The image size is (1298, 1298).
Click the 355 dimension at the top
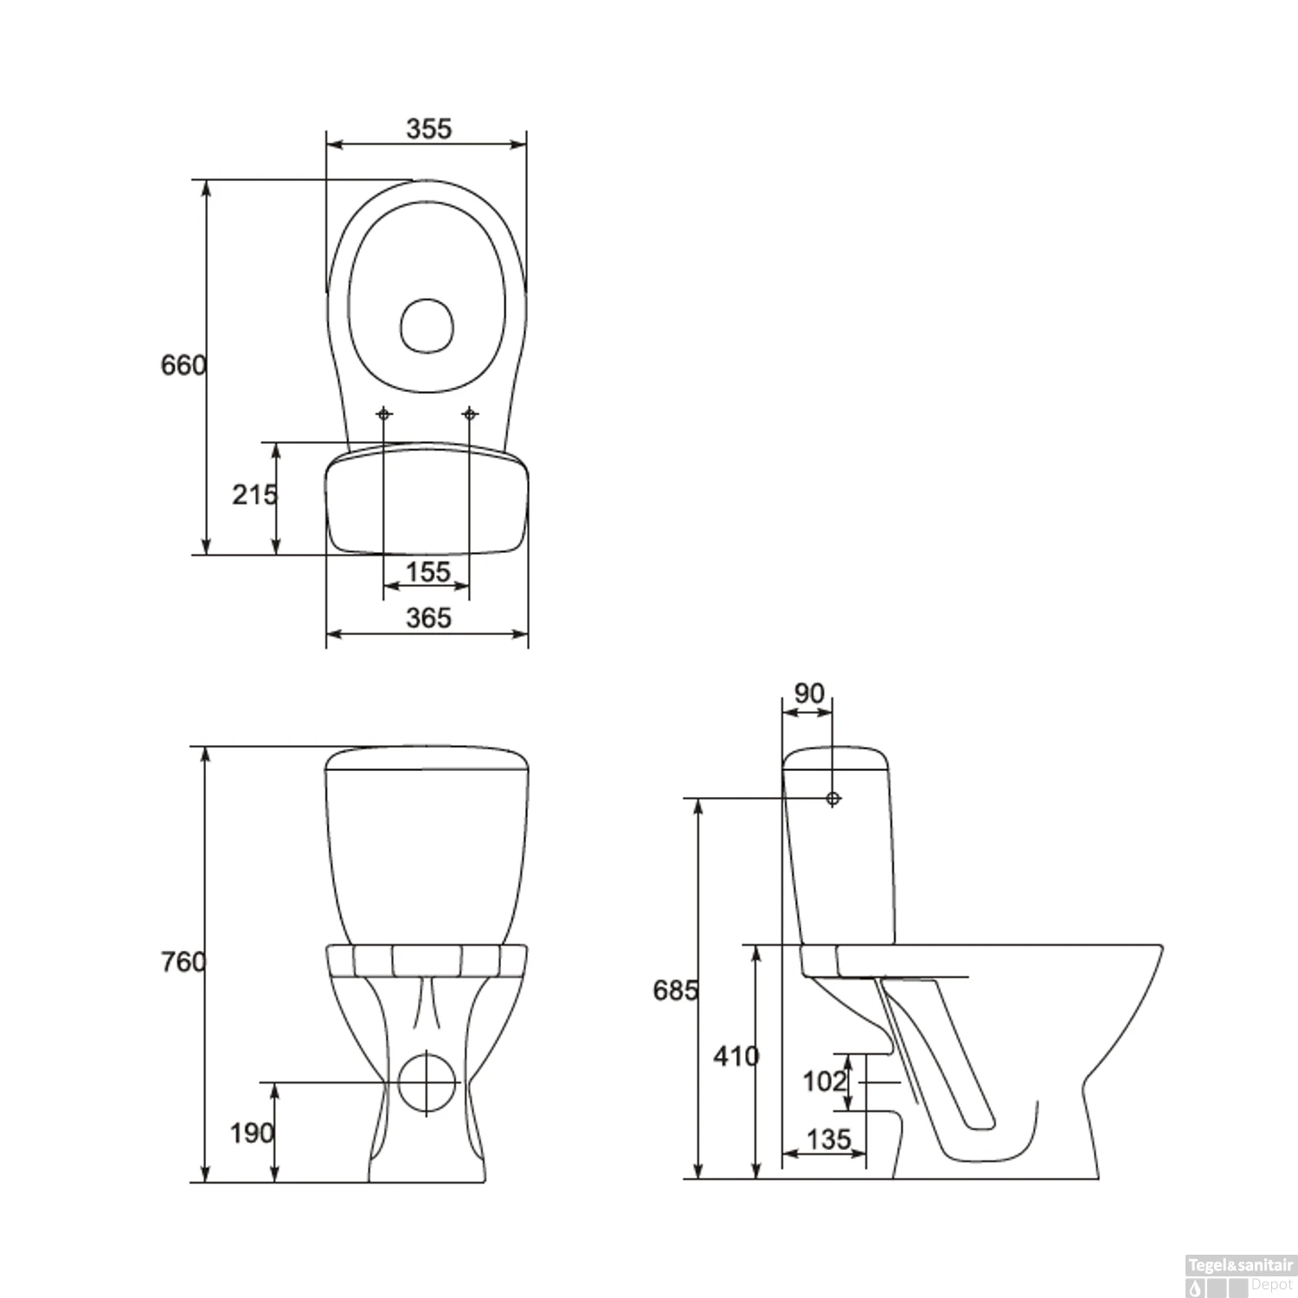tap(429, 128)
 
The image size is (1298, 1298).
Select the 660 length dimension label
tap(183, 365)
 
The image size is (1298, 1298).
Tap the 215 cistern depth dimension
tap(254, 495)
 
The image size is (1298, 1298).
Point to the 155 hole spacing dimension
tap(428, 572)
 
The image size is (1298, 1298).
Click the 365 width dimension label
tap(428, 618)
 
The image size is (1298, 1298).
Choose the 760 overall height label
tap(183, 961)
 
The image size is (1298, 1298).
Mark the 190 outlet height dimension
tap(252, 1133)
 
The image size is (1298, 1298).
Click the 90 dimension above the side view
tap(809, 693)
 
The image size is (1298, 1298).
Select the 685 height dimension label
tap(675, 990)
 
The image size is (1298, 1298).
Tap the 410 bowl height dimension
tap(736, 1056)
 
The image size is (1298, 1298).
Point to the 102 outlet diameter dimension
tap(824, 1081)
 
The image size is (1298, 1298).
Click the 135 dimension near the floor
tap(828, 1139)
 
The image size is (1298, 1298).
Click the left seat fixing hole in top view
tap(384, 414)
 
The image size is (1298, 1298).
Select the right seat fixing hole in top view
tap(470, 414)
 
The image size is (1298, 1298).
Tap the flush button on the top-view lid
tap(427, 325)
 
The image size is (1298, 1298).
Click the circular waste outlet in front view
tap(427, 1081)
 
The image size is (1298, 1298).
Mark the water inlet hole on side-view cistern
tap(832, 799)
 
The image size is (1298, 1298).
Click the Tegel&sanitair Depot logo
tap(1239, 1277)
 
